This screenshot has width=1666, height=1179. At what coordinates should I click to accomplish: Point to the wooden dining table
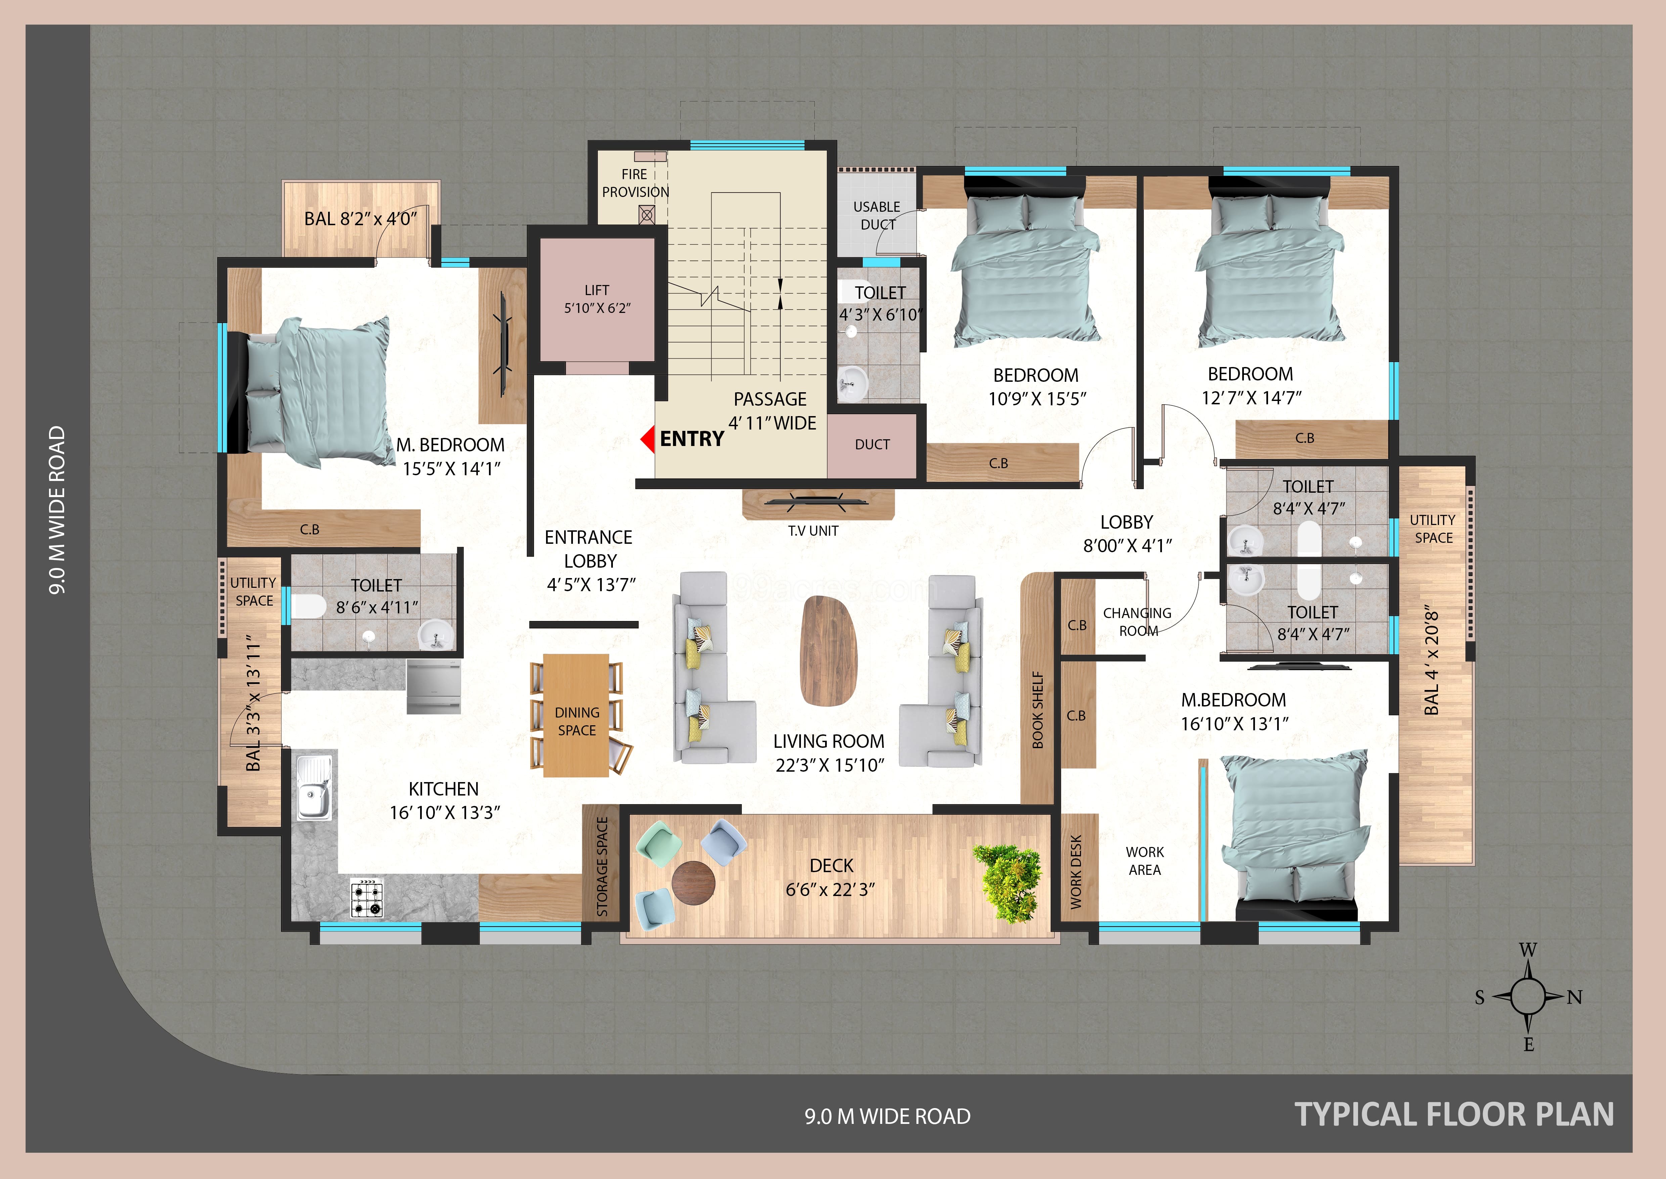(576, 715)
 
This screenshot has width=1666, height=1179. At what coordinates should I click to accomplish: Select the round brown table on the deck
(694, 883)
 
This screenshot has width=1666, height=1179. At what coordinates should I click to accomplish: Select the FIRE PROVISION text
(635, 183)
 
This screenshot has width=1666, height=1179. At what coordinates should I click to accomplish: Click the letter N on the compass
(1574, 997)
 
